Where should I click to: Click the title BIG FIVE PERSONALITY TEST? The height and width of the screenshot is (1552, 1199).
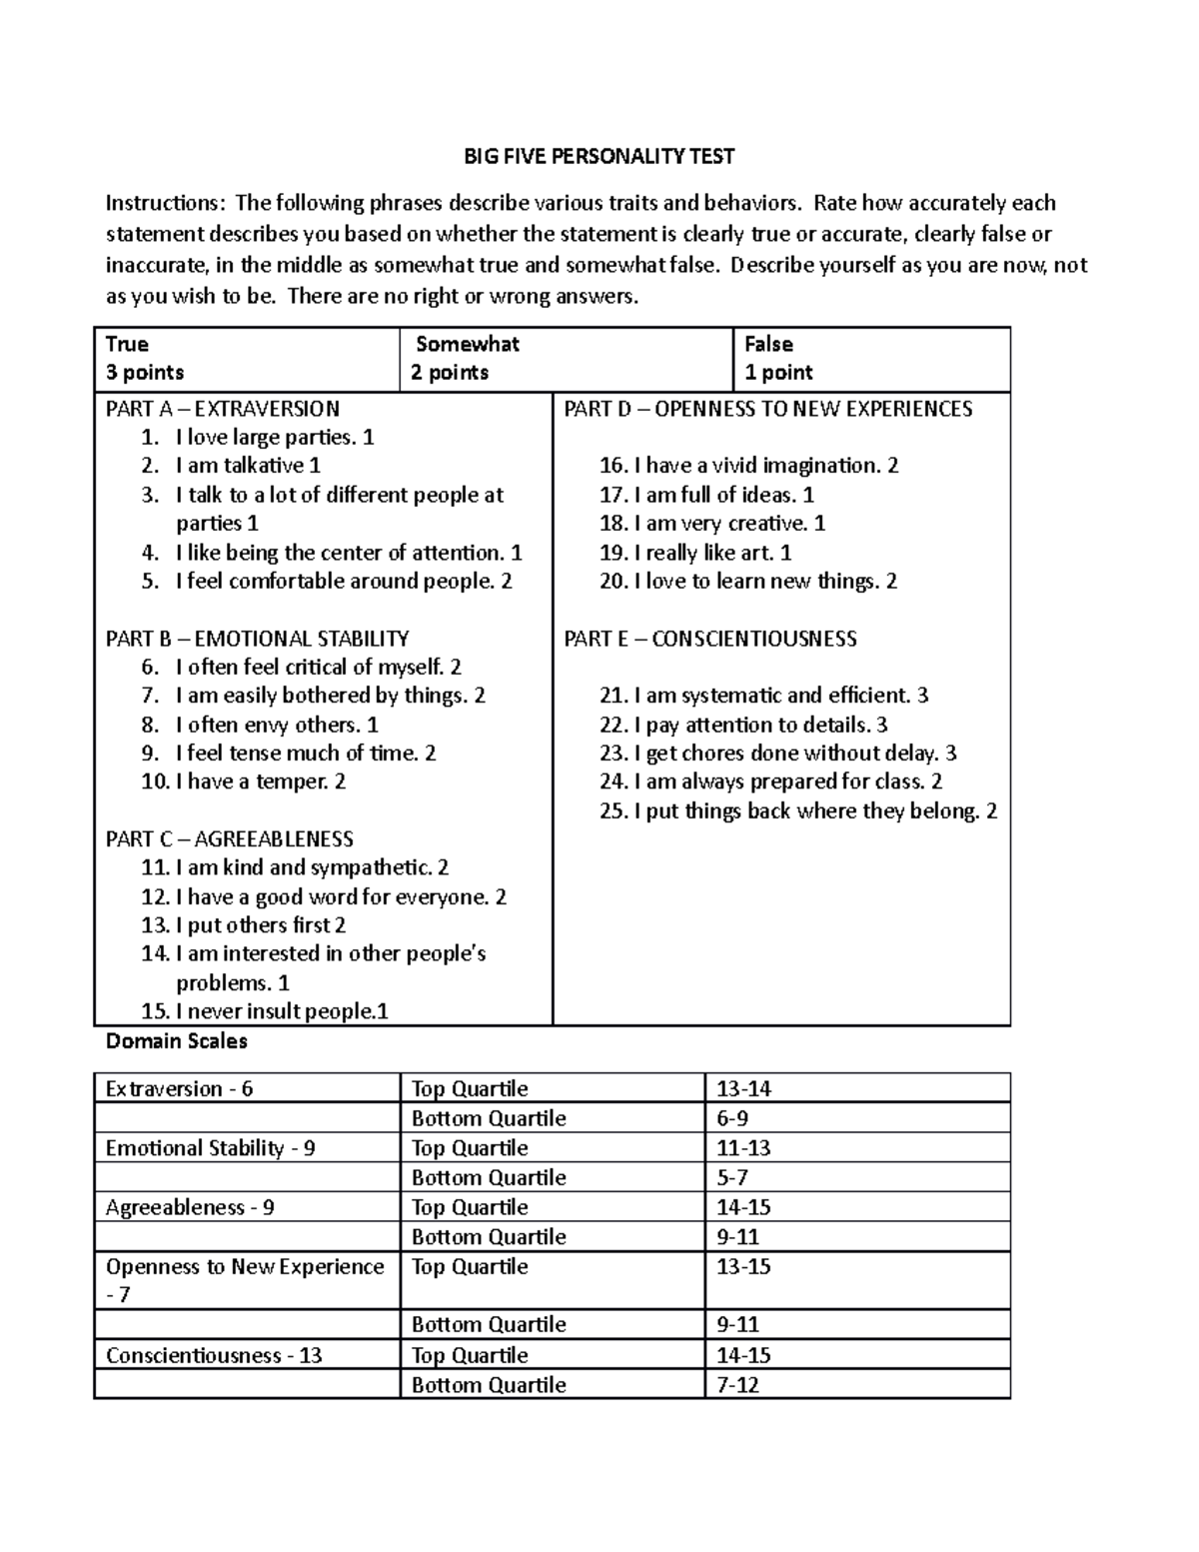pos(599,156)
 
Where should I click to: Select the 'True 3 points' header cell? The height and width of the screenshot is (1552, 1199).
pos(246,359)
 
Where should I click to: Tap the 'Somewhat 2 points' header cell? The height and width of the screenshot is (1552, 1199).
pos(565,359)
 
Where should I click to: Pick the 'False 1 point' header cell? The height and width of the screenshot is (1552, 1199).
pos(870,359)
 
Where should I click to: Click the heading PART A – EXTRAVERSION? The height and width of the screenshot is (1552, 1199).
pos(223,409)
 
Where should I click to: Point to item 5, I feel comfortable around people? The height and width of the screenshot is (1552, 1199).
pos(343,582)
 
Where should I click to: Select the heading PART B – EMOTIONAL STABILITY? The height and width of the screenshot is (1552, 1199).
pos(257,639)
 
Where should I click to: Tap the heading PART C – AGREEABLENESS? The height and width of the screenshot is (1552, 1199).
pos(230,839)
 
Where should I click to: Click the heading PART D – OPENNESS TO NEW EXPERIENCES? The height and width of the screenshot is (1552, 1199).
pos(767,409)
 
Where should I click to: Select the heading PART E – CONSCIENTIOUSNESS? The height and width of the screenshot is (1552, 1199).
pos(710,639)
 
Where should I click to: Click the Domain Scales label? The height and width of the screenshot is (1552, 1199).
pos(176,1041)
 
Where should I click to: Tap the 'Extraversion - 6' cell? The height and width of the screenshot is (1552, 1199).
pos(180,1089)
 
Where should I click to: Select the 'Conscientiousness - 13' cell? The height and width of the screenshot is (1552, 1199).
pos(214,1356)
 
